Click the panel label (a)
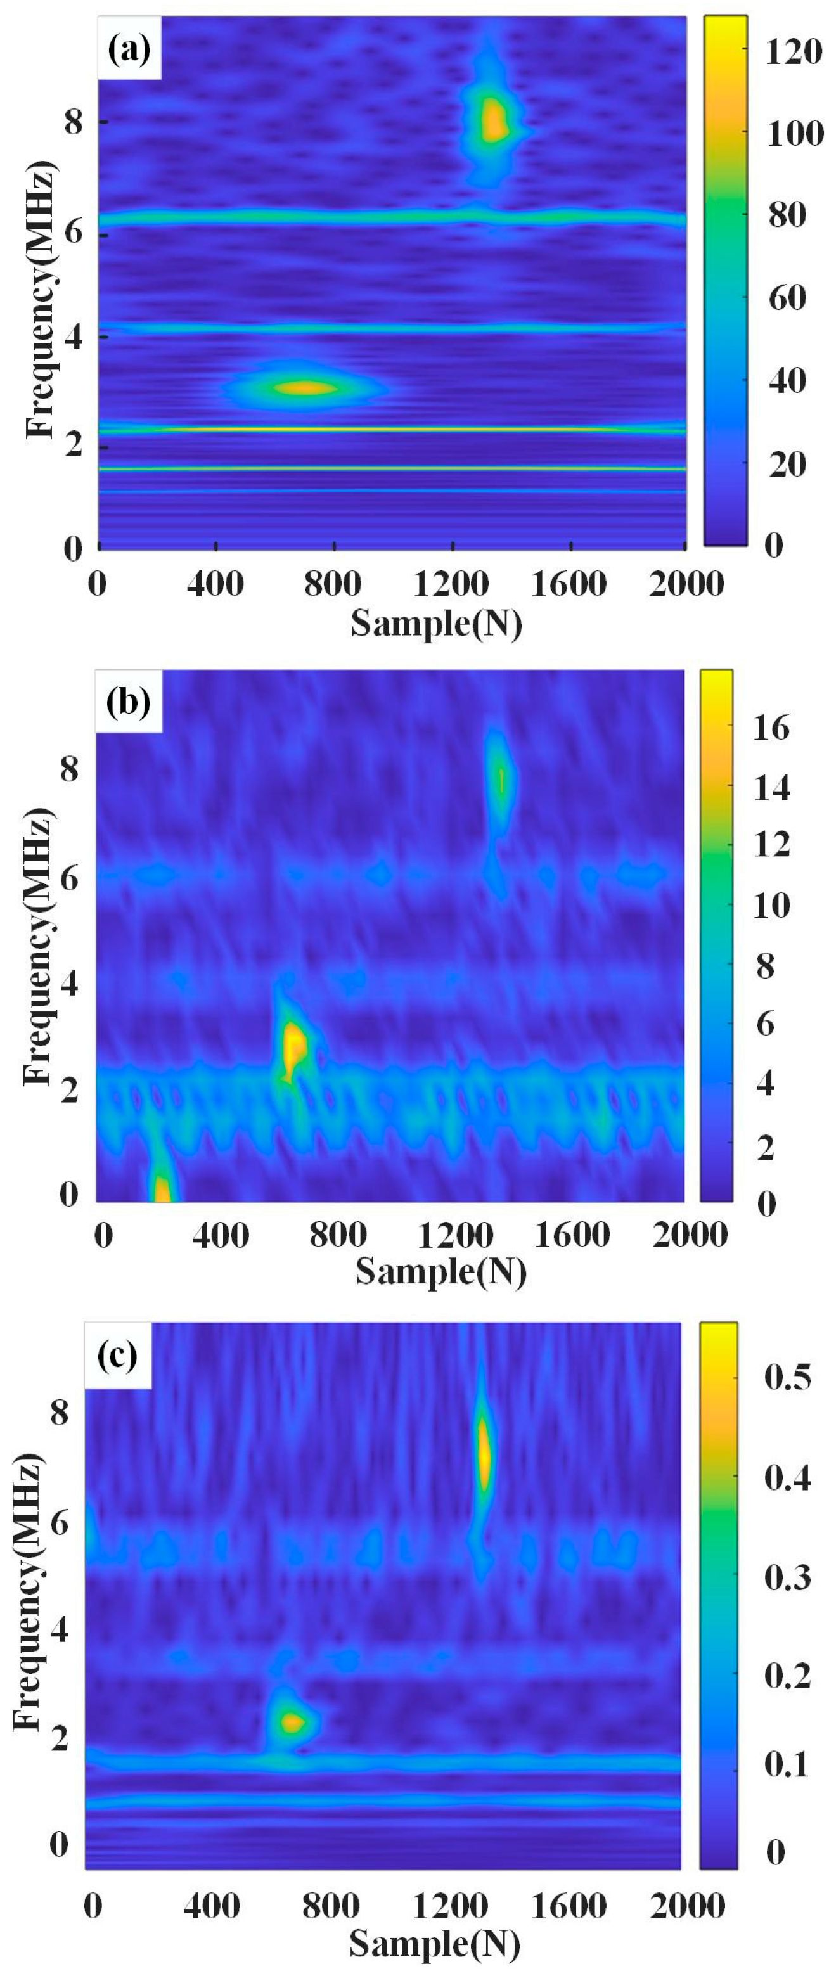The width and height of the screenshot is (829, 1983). coord(129,50)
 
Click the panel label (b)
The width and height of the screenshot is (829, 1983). coord(128,702)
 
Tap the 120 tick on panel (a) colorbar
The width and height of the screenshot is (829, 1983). coord(794,53)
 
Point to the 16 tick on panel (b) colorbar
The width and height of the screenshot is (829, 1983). coord(771,728)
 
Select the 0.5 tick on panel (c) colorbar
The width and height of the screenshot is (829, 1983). coord(787,1376)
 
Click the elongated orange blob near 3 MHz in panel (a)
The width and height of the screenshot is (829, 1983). coord(306,388)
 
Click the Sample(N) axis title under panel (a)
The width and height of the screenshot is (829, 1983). coord(435,622)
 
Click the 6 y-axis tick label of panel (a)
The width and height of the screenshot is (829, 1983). coord(74,229)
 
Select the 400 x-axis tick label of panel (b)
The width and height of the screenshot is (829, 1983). coord(220,1236)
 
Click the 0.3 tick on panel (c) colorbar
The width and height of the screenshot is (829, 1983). coord(787,1577)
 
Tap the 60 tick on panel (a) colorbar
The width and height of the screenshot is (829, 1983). coord(787,297)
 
